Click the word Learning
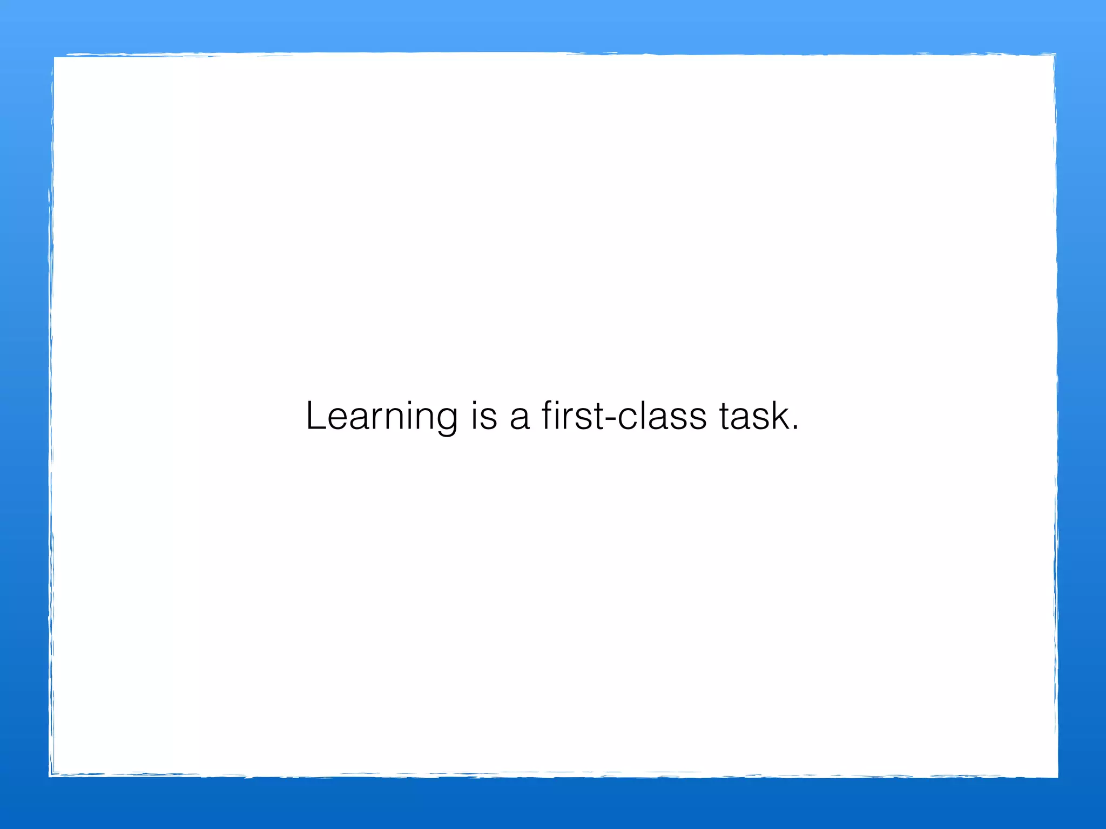[x=382, y=417]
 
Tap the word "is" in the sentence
[x=484, y=417]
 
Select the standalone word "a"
[x=520, y=419]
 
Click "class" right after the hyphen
[x=662, y=417]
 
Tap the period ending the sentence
[x=794, y=429]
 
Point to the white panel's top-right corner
[x=1055, y=55]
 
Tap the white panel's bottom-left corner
[x=51, y=775]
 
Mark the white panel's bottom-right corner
[x=1056, y=776]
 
